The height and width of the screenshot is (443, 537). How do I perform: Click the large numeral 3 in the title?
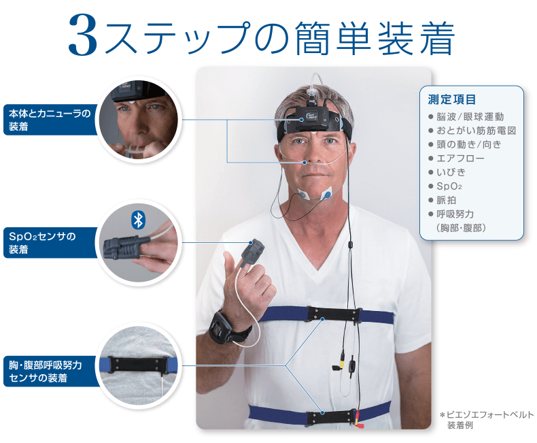pos(83,35)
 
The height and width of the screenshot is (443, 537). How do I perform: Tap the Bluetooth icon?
pos(138,220)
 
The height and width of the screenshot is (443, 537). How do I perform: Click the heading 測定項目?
pos(452,99)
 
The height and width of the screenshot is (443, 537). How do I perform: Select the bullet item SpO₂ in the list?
pos(449,186)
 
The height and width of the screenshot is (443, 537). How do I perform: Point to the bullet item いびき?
pos(451,172)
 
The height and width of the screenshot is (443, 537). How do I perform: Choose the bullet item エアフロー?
pos(460,159)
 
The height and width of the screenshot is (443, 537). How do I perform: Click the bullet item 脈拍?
pos(446,200)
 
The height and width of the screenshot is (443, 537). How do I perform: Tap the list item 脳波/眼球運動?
pos(470,117)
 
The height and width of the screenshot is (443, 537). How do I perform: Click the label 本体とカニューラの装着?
pos(50,120)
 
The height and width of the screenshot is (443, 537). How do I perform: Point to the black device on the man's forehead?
pos(312,118)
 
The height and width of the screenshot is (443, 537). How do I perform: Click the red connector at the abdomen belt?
pos(359,423)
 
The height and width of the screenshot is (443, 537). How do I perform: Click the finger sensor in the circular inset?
pos(122,247)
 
